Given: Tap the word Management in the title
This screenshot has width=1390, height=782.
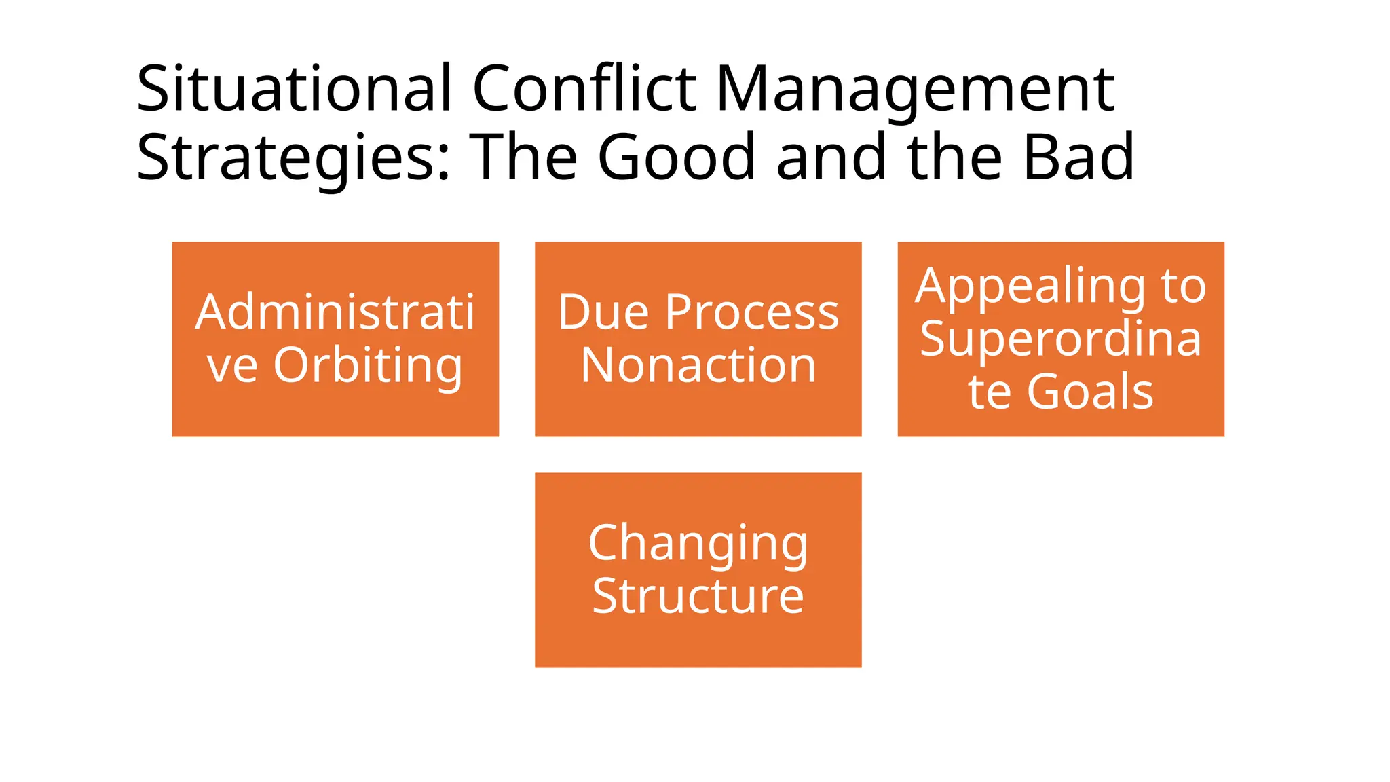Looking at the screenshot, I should pyautogui.click(x=914, y=90).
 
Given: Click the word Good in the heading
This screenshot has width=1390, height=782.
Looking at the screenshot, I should pyautogui.click(x=676, y=157).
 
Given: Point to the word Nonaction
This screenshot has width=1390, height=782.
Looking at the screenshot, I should pyautogui.click(x=698, y=365).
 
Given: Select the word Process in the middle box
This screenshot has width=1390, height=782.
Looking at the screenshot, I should pyautogui.click(x=752, y=313).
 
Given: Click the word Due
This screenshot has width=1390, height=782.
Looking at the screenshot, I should pyautogui.click(x=603, y=313).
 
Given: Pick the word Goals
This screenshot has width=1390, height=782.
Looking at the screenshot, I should pyautogui.click(x=1090, y=392).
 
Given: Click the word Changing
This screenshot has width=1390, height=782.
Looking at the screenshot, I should pyautogui.click(x=698, y=544).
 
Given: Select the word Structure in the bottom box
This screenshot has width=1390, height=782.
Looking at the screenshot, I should pyautogui.click(x=698, y=596).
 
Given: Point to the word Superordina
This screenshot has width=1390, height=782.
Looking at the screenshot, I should pyautogui.click(x=1060, y=339).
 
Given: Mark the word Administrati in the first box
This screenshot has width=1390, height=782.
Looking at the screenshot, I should pyautogui.click(x=335, y=313).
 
